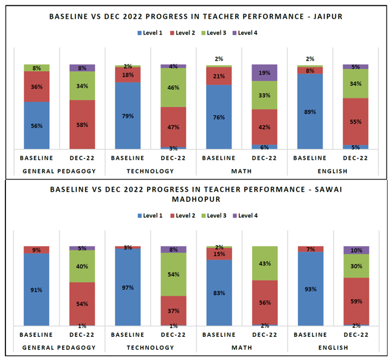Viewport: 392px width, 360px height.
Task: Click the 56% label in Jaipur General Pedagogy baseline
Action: click(36, 126)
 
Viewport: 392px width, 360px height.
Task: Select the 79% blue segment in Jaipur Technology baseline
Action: click(128, 116)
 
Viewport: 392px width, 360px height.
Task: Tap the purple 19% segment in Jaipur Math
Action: click(264, 72)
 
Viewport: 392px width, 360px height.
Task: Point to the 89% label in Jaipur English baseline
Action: click(310, 112)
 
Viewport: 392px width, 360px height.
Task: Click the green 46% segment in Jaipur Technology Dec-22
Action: click(173, 88)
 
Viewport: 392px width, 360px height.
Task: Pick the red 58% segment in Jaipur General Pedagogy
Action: click(82, 125)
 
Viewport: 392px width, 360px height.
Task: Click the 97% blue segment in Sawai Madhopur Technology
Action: click(128, 287)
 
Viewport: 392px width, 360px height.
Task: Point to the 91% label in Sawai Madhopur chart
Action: click(36, 290)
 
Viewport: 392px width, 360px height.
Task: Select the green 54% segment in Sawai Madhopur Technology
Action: click(173, 274)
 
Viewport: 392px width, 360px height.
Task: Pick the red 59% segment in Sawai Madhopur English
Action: click(356, 300)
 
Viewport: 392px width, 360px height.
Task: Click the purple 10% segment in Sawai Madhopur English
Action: click(356, 250)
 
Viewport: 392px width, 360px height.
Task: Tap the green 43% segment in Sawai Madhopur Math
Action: click(264, 263)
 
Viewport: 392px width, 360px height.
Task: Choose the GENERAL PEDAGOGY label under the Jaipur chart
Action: click(59, 171)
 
